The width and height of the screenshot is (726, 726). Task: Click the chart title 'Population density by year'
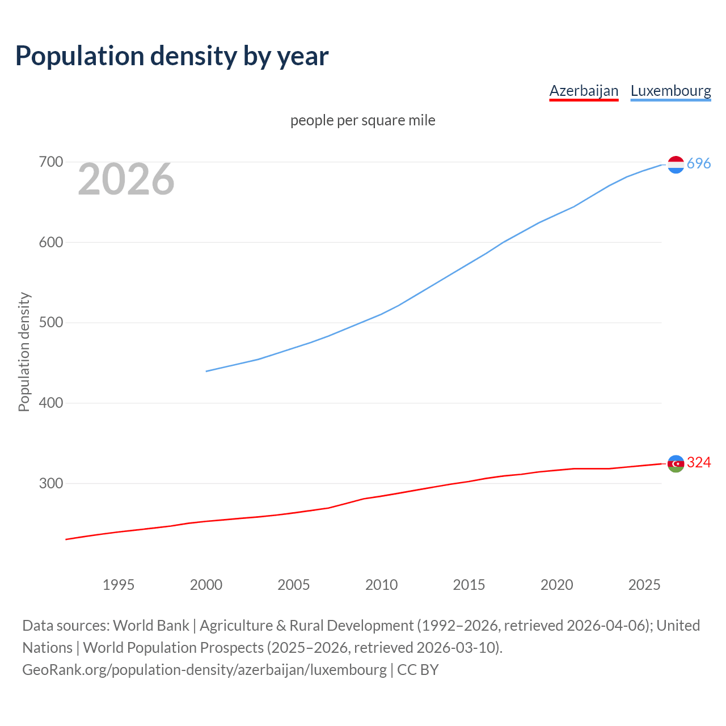172,56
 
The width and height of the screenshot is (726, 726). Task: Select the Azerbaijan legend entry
584,91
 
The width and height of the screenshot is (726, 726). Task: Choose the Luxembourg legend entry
670,91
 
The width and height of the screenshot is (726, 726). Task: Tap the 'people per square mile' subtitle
362,120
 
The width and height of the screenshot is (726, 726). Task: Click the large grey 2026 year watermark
126,179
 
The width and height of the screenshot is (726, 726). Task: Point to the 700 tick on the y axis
50,162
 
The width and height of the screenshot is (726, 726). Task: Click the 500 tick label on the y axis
50,323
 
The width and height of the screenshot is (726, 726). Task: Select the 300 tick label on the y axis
50,484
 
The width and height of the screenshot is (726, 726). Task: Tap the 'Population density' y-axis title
24,352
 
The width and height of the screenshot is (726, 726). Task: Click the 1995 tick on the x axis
119,585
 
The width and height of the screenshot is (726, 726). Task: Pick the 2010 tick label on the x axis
381,585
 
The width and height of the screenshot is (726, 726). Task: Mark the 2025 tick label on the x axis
644,585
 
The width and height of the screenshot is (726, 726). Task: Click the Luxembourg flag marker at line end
676,164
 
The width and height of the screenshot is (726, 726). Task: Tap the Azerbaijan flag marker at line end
676,463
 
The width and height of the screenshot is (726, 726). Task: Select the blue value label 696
699,163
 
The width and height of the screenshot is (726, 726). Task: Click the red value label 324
699,463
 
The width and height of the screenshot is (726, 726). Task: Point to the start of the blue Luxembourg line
206,371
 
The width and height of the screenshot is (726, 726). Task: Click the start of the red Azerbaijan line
66,539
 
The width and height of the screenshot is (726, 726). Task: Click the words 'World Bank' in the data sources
151,626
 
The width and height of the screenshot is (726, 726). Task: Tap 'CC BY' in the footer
418,670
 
